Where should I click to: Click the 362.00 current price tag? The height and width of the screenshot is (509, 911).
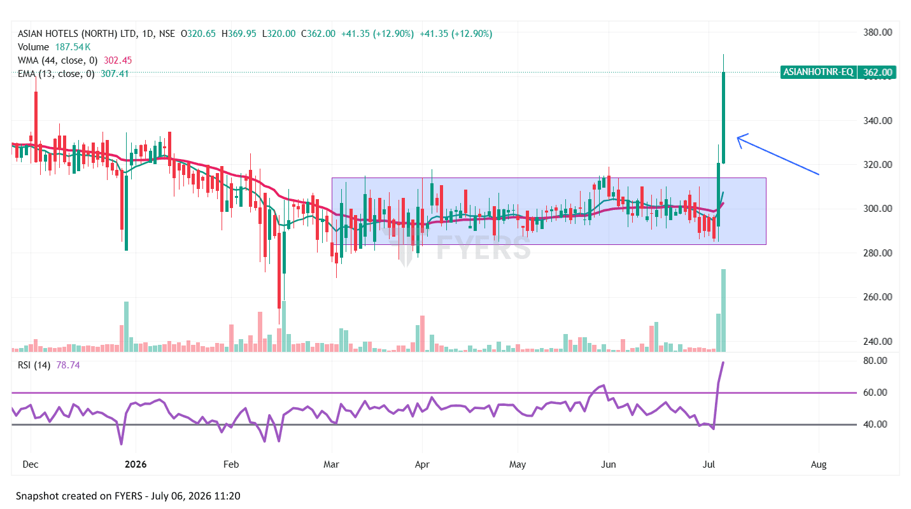[x=877, y=73]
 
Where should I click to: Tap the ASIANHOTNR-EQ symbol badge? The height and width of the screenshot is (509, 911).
[x=818, y=72]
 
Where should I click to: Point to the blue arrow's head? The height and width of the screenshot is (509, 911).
[x=738, y=138]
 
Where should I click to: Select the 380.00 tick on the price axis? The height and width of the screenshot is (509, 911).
[x=878, y=32]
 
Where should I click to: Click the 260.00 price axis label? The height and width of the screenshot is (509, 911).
[x=878, y=297]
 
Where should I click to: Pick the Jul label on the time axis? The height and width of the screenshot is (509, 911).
[x=709, y=464]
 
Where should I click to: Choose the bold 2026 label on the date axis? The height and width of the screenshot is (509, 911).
[x=136, y=464]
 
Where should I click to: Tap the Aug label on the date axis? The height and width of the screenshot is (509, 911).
[x=818, y=464]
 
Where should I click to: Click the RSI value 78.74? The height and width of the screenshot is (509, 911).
[x=68, y=365]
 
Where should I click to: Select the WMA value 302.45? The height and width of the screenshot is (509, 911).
[x=118, y=60]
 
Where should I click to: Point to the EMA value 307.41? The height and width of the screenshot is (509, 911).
[x=115, y=74]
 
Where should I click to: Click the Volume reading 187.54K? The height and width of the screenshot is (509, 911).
[x=73, y=47]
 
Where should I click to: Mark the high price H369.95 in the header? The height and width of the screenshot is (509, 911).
[x=239, y=34]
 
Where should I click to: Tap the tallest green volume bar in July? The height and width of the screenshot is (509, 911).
[x=723, y=310]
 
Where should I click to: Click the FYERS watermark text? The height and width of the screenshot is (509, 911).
[x=483, y=247]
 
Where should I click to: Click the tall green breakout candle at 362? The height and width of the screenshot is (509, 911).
[x=723, y=118]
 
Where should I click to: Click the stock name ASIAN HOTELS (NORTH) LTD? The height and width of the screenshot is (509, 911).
[x=77, y=34]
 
